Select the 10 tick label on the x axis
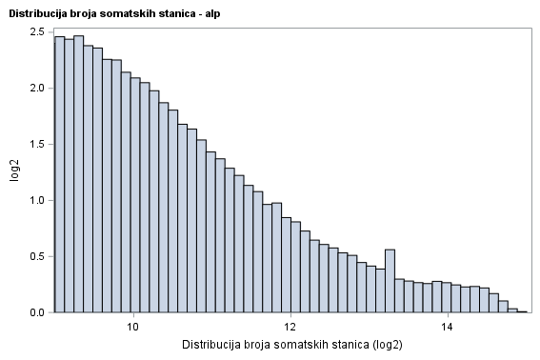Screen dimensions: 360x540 pyautogui.click(x=133, y=327)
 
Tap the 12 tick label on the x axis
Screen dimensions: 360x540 pyautogui.click(x=290, y=327)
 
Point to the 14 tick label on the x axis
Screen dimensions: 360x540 pyautogui.click(x=448, y=327)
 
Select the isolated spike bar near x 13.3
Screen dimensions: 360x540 pyautogui.click(x=390, y=281)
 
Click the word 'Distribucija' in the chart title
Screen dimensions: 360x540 pyautogui.click(x=36, y=13)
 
